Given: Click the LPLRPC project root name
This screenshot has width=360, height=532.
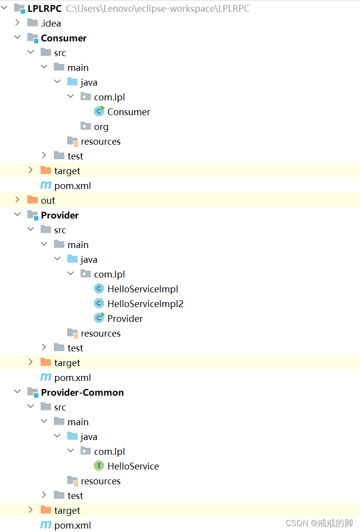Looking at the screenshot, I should tap(44, 8).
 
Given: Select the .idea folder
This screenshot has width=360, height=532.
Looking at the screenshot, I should tap(51, 23).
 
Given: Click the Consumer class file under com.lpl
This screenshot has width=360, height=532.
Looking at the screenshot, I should tap(129, 112).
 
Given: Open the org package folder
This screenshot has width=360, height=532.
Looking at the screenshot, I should tap(101, 126).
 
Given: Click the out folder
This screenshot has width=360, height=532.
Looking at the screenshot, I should tap(48, 200).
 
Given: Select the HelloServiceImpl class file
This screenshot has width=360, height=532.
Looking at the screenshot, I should tap(142, 289).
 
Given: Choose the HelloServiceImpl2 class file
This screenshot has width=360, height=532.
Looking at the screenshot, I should tap(145, 304).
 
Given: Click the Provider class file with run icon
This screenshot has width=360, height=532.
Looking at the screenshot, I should tap(125, 318).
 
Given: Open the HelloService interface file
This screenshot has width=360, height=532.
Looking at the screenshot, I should tap(133, 466).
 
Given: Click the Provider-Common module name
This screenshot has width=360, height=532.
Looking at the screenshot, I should tap(82, 392).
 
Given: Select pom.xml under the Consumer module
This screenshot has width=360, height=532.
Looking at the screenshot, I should tap(72, 186).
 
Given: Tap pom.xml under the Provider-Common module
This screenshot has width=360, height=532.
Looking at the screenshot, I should tap(72, 525).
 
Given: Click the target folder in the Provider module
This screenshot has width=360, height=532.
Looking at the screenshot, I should tap(67, 363).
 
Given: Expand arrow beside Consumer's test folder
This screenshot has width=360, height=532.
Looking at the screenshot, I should tap(44, 156).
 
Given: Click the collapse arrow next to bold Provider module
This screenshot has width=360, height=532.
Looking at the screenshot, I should tap(18, 215).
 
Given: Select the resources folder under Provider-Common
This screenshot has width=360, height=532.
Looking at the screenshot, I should tap(100, 481).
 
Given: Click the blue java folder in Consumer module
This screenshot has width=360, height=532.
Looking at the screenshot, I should tap(89, 82).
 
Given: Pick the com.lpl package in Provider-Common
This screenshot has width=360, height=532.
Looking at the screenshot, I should tap(109, 451).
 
